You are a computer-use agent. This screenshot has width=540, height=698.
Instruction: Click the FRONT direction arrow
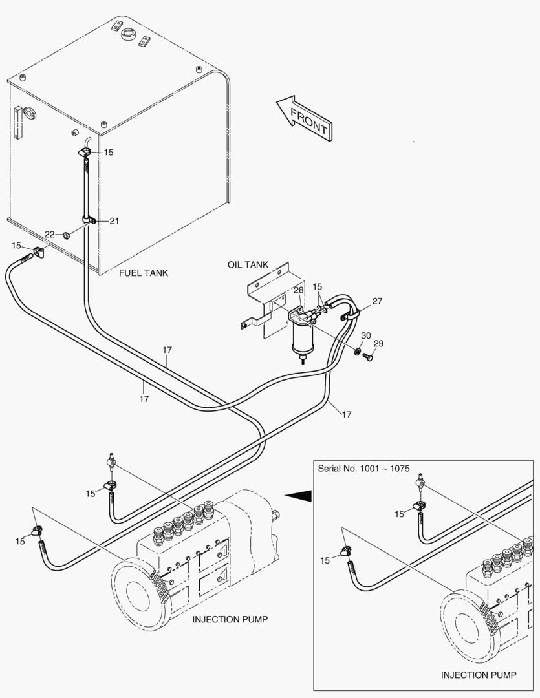point(304,118)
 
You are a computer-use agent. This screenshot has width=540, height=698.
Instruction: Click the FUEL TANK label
point(144,273)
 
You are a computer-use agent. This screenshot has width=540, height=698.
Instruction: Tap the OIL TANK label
point(248,266)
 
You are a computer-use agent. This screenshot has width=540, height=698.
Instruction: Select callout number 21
point(114,221)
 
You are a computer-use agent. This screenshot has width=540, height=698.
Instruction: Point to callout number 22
point(50,234)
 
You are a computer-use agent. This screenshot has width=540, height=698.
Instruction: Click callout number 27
point(377,301)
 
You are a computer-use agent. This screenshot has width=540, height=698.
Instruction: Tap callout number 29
point(378,344)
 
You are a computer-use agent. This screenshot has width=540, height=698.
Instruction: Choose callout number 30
point(366,335)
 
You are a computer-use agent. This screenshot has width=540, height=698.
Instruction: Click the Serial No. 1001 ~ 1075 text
point(363,468)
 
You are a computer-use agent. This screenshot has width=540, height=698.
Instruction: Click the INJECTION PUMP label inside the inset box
point(479,675)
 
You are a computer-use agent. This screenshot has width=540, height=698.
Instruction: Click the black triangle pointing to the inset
point(299,496)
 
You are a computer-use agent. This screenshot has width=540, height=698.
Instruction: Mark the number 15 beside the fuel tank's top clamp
point(108,153)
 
